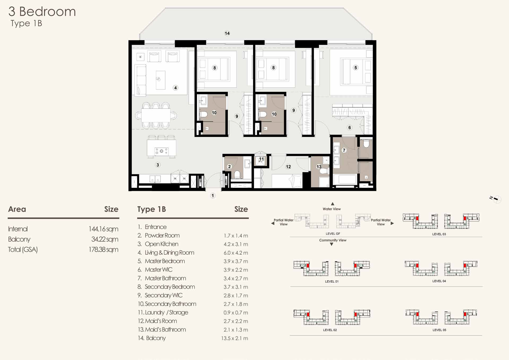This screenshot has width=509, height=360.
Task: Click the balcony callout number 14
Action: (x=227, y=33)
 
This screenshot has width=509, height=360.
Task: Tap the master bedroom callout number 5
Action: (x=356, y=68)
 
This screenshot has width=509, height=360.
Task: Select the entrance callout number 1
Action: (x=213, y=196)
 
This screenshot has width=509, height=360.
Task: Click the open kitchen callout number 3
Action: (x=158, y=165)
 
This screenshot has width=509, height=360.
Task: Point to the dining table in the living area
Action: (x=156, y=115)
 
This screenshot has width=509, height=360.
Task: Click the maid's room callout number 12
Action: (x=288, y=167)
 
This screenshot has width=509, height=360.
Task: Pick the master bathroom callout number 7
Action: (x=344, y=150)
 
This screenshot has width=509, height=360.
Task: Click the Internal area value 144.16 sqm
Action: (x=103, y=229)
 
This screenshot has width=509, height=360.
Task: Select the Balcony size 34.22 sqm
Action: (x=105, y=239)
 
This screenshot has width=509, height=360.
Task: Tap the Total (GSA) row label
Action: (x=23, y=250)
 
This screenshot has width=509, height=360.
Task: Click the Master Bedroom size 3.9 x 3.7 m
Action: (x=236, y=261)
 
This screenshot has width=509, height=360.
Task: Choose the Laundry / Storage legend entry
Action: (x=163, y=313)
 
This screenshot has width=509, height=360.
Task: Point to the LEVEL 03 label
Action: (x=439, y=234)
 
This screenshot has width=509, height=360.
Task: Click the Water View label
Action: (x=332, y=209)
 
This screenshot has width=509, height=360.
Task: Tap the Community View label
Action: (x=333, y=240)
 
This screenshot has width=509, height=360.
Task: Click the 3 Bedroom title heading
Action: (x=42, y=12)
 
